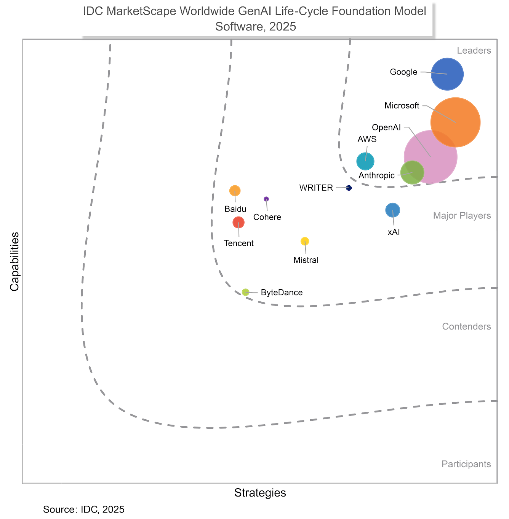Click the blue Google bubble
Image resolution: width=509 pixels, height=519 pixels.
[x=447, y=74]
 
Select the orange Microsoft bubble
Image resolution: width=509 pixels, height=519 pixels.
[x=455, y=122]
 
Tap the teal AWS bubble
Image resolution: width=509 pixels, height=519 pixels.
[x=365, y=161]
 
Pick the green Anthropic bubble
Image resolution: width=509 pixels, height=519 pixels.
[x=412, y=172]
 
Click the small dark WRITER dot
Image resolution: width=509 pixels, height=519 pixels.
[x=349, y=188]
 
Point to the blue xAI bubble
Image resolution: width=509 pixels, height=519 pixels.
[x=392, y=210]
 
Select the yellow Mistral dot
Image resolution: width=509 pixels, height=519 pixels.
[x=305, y=241]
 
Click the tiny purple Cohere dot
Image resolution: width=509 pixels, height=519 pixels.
[x=266, y=199]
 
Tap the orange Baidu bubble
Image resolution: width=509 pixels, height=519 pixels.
[x=235, y=191]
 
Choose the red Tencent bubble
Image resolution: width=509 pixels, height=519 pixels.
[x=238, y=222]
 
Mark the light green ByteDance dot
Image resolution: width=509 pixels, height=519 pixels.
[x=246, y=292]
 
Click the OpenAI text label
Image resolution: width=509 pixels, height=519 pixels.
[x=386, y=127]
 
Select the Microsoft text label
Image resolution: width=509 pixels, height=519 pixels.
[x=402, y=106]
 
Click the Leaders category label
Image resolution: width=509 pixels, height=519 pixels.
[x=474, y=51]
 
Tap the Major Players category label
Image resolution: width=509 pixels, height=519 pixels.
[x=462, y=216]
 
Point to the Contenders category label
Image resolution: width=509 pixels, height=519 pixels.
[x=466, y=326]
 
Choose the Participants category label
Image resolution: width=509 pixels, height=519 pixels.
[x=466, y=464]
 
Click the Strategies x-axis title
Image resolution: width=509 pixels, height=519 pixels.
[x=260, y=493]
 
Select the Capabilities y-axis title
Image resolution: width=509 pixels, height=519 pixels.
[x=14, y=261]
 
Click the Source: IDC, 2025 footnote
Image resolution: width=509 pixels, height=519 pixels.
[x=84, y=509]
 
